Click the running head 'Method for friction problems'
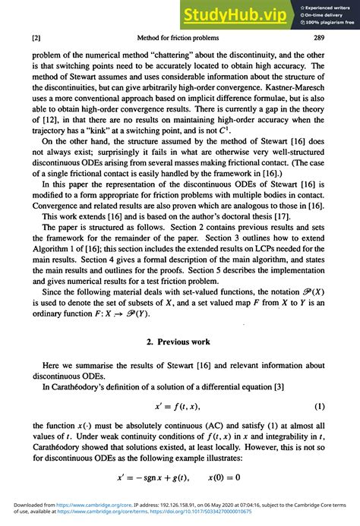[x=178, y=38]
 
